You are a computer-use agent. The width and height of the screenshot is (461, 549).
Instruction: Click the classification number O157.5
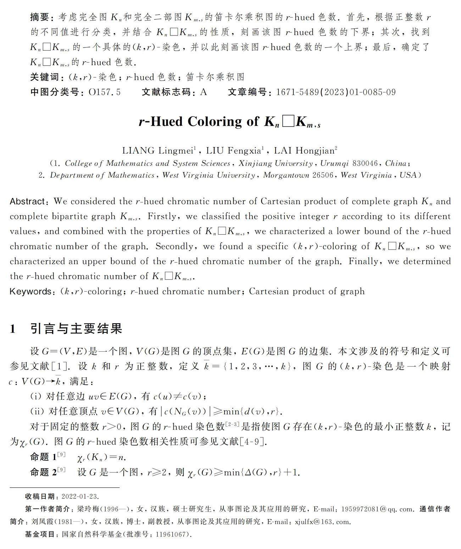point(105,93)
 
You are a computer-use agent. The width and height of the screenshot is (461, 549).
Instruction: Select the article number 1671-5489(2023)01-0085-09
point(335,93)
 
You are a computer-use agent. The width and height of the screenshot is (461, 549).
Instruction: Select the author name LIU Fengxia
point(234,151)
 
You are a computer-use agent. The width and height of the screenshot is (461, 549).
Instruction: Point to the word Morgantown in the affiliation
point(286,175)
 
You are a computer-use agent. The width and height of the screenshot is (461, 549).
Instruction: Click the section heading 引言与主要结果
point(76,329)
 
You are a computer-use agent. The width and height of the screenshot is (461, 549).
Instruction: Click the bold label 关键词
point(45,77)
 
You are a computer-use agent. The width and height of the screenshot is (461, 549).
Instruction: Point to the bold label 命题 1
point(43,457)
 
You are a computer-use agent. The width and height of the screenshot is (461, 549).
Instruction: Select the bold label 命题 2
point(43,472)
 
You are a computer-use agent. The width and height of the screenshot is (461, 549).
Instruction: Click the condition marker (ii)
point(37,411)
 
